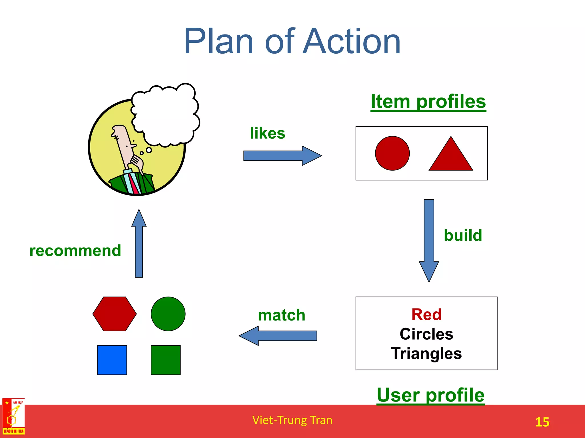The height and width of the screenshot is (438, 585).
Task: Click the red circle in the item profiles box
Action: click(392, 153)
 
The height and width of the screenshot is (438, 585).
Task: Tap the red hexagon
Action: click(115, 314)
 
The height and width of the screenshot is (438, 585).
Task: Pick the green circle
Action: click(168, 314)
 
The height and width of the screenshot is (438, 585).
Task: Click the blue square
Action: click(112, 360)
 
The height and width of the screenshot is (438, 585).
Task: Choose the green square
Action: click(166, 360)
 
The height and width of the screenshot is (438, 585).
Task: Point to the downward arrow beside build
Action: click(429, 240)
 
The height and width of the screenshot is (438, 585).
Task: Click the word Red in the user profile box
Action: click(426, 315)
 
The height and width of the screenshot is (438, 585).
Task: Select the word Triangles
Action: click(426, 354)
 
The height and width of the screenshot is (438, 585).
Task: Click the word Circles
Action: click(426, 334)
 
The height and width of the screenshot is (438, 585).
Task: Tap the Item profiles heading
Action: click(428, 102)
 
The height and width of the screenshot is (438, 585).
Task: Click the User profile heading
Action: click(430, 395)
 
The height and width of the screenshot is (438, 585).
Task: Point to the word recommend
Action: click(75, 251)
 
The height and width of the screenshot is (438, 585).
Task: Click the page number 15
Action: click(542, 422)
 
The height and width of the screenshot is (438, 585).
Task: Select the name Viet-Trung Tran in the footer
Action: click(292, 420)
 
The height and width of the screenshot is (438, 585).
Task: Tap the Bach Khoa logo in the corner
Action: click(13, 417)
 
